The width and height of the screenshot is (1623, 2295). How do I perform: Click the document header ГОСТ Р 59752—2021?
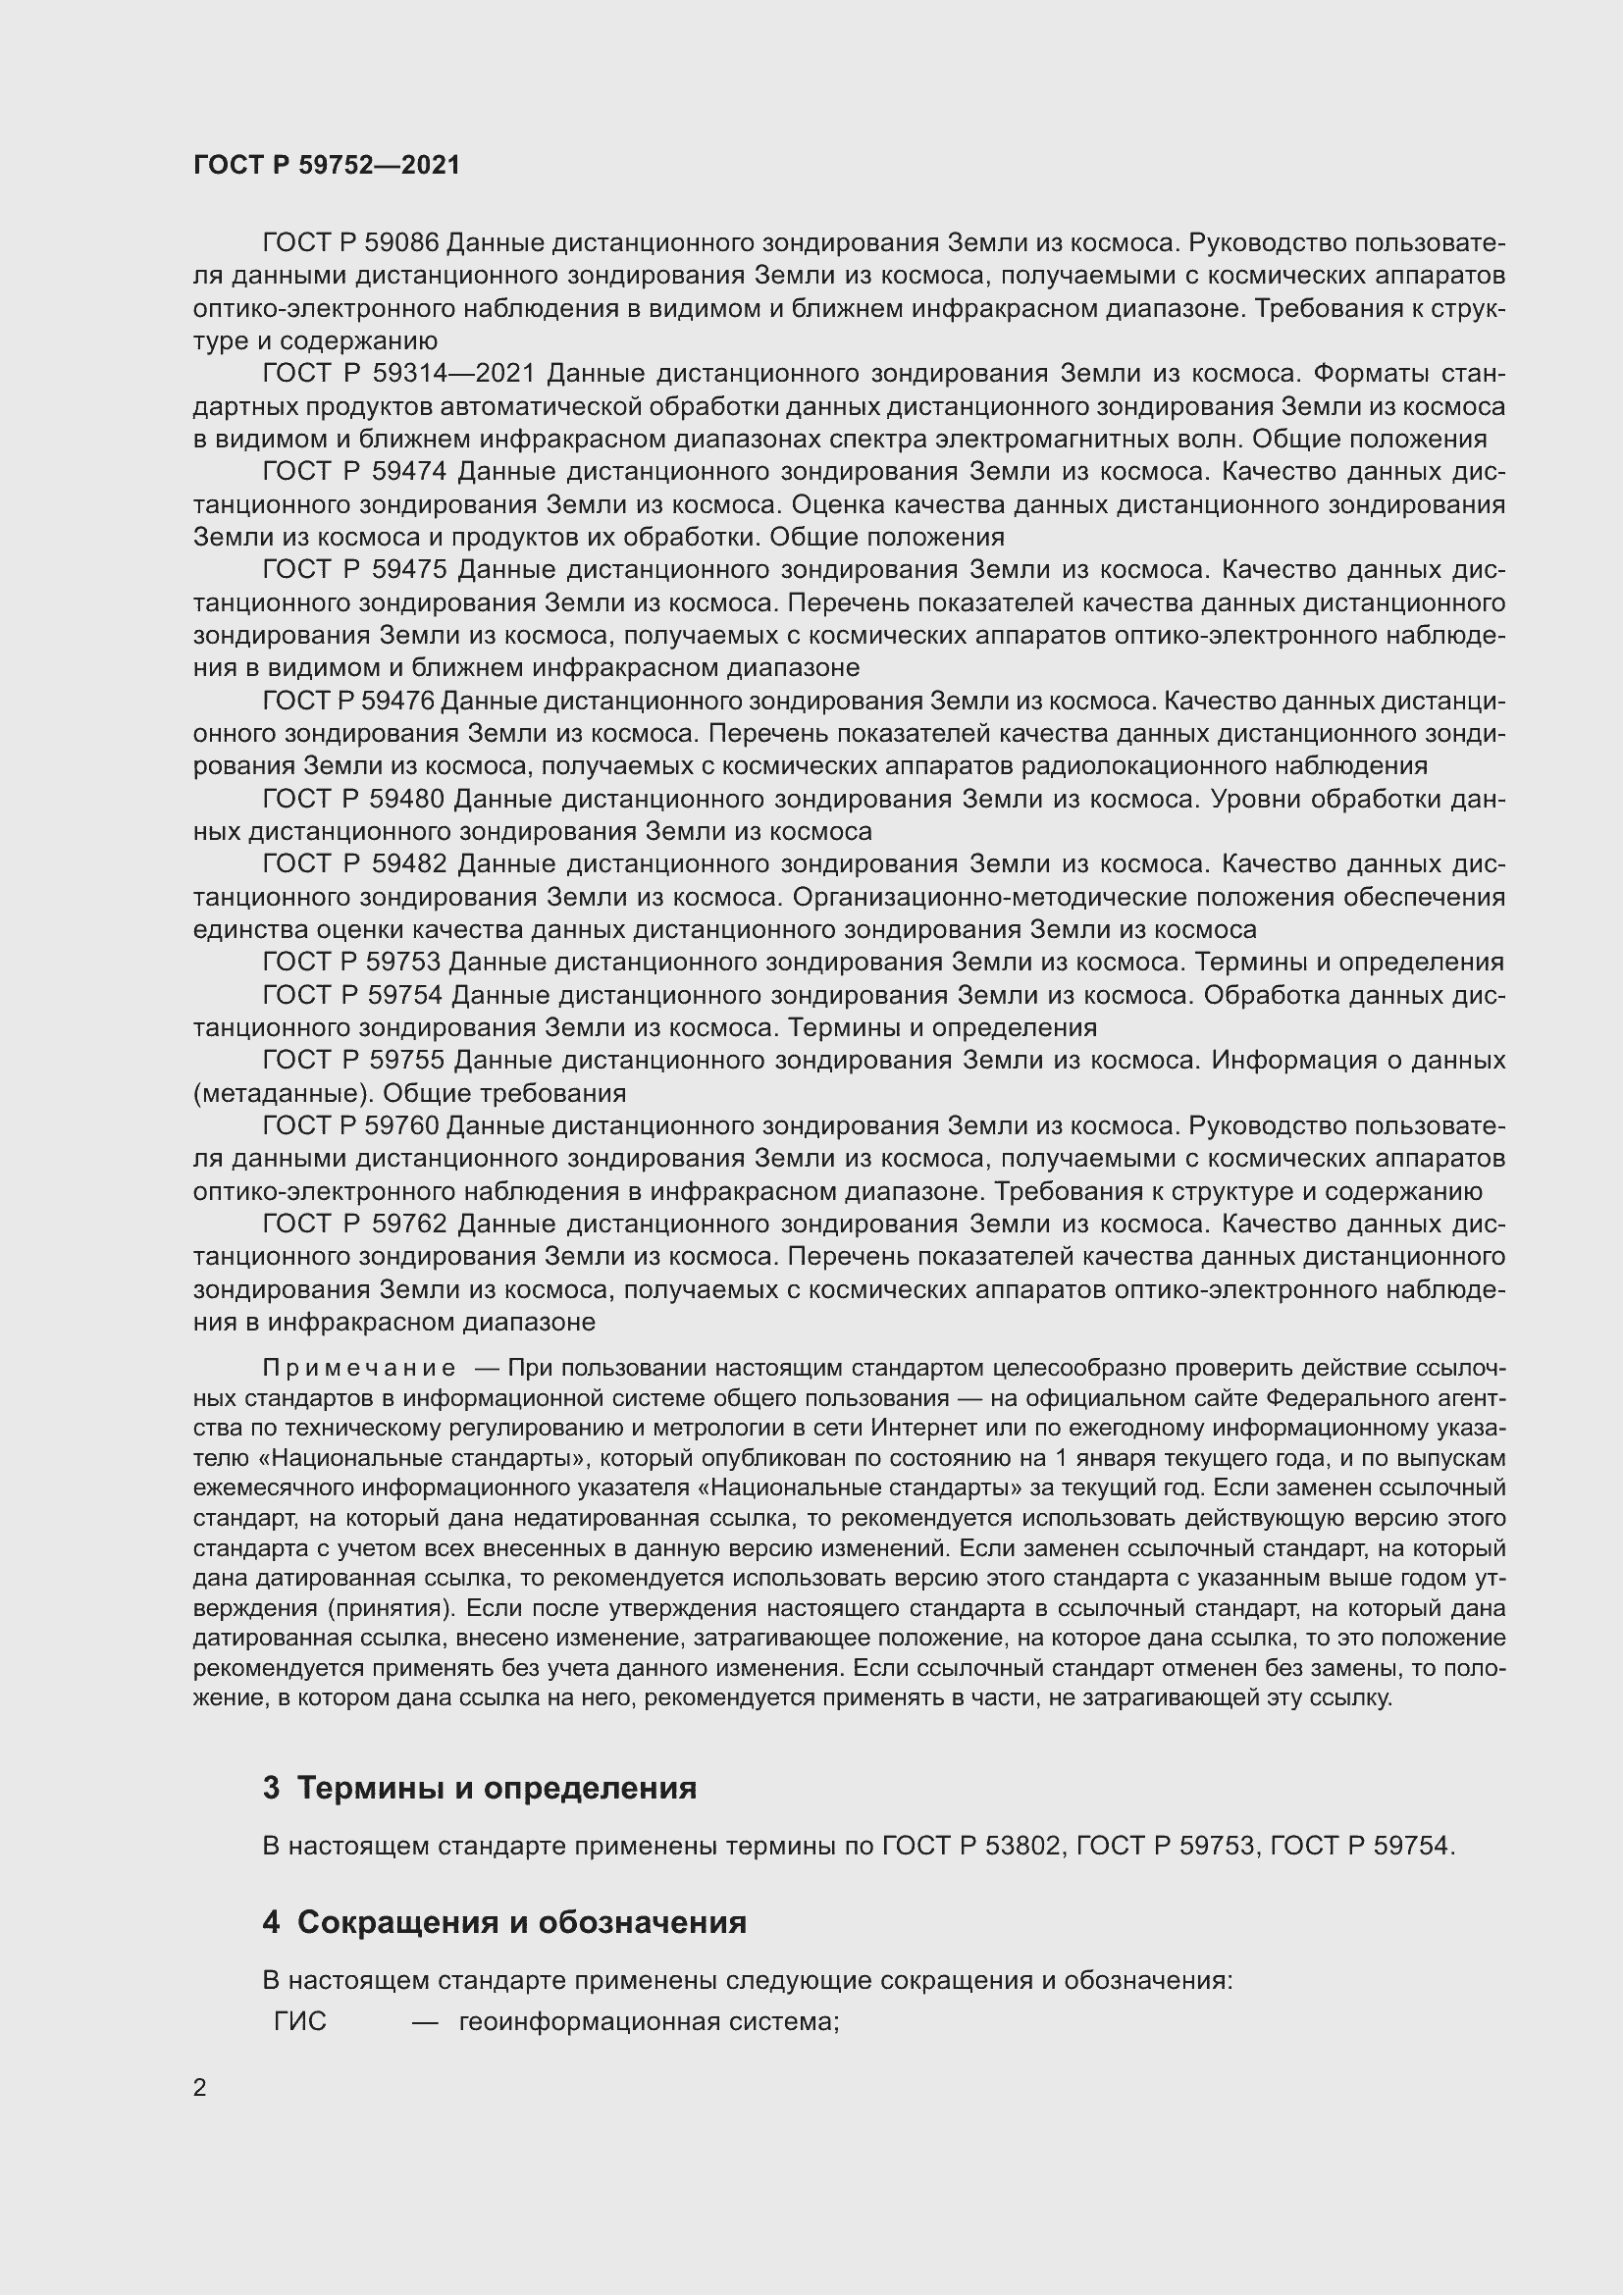click(327, 165)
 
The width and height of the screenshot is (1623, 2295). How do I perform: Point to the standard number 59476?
click(397, 702)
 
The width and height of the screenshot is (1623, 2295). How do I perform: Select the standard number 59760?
click(401, 1126)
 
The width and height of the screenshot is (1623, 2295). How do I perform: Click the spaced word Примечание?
click(359, 1369)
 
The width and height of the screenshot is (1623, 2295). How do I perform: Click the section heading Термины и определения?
click(497, 1787)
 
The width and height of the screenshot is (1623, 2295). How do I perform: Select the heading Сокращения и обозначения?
click(522, 1922)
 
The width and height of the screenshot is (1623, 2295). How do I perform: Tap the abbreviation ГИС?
click(300, 2022)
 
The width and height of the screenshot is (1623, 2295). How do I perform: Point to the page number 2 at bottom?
click(200, 2088)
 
